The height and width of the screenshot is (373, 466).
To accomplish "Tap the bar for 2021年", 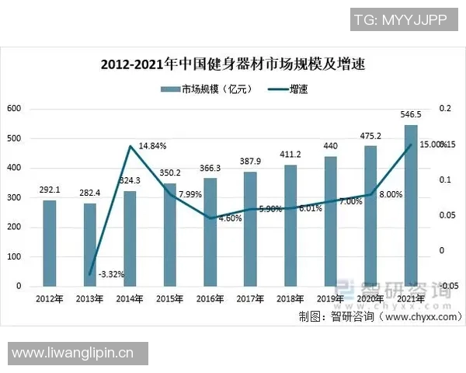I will click(x=411, y=205).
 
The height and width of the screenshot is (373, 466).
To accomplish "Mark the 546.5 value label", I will click(x=411, y=114).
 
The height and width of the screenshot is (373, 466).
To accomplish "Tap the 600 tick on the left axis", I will click(x=14, y=109).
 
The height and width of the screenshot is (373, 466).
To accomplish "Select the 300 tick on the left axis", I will click(x=14, y=197).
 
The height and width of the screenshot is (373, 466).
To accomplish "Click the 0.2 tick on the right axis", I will click(x=444, y=109).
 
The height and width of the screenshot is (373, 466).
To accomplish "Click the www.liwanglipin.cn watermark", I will click(x=74, y=354).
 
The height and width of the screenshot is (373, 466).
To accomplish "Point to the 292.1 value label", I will click(x=49, y=188).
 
